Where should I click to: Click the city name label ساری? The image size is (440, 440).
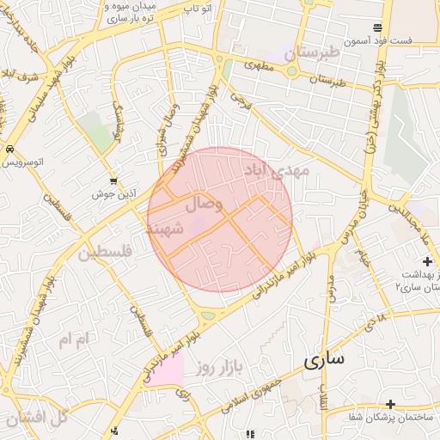(323, 358)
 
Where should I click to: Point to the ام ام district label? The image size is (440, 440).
(73, 340)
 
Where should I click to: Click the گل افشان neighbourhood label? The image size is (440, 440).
(35, 419)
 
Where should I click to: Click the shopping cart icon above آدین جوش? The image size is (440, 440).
(114, 181)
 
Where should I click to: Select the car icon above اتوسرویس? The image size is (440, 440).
(9, 147)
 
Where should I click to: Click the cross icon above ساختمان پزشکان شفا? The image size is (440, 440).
(390, 404)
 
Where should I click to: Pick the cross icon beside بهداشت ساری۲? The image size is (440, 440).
(427, 260)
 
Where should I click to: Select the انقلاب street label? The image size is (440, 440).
(323, 396)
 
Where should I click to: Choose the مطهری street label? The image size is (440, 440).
(258, 64)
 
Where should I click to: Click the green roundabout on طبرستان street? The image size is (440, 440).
(292, 72)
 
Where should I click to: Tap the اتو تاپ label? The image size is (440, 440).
(200, 8)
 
